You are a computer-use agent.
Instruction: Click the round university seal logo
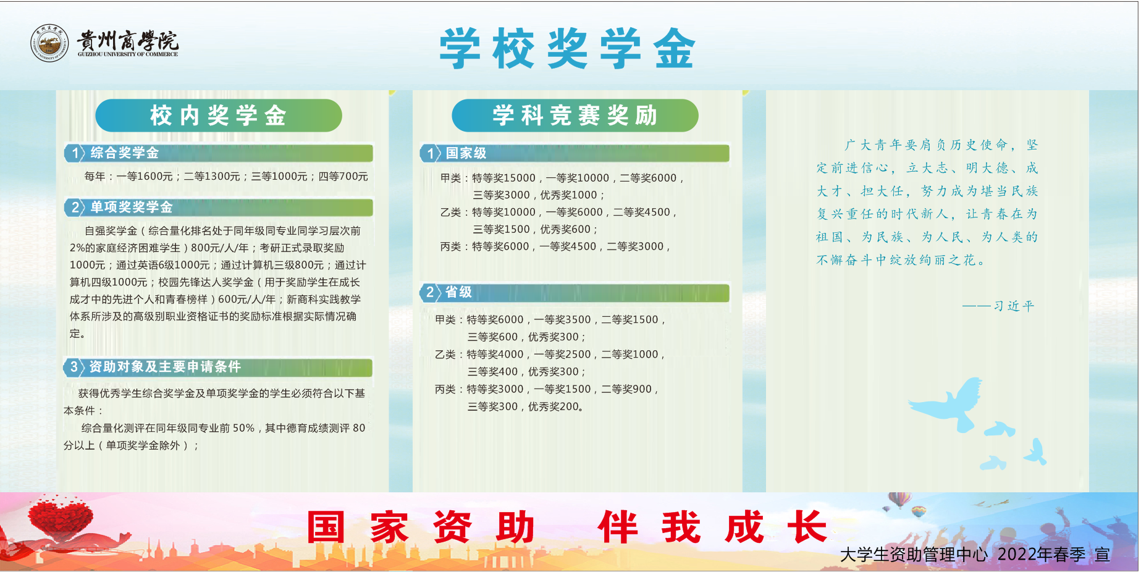50,43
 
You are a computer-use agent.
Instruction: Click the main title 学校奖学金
568,48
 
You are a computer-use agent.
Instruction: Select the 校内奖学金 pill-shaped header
219,116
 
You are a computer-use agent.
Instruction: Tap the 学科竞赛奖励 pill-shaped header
575,116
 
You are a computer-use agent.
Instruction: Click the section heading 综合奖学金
125,153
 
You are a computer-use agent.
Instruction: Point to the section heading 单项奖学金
132,207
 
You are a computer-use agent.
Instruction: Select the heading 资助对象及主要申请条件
165,367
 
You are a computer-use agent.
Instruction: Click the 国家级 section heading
466,153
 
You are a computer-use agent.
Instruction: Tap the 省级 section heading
458,292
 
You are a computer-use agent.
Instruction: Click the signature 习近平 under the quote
1014,306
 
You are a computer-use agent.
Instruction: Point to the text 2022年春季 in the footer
1042,555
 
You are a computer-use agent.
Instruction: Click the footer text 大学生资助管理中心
914,555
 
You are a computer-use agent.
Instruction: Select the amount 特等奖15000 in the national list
503,178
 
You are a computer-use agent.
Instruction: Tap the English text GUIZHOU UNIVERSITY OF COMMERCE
128,54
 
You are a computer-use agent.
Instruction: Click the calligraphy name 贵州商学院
128,40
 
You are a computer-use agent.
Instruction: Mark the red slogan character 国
326,527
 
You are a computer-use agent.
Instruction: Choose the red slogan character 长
807,527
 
